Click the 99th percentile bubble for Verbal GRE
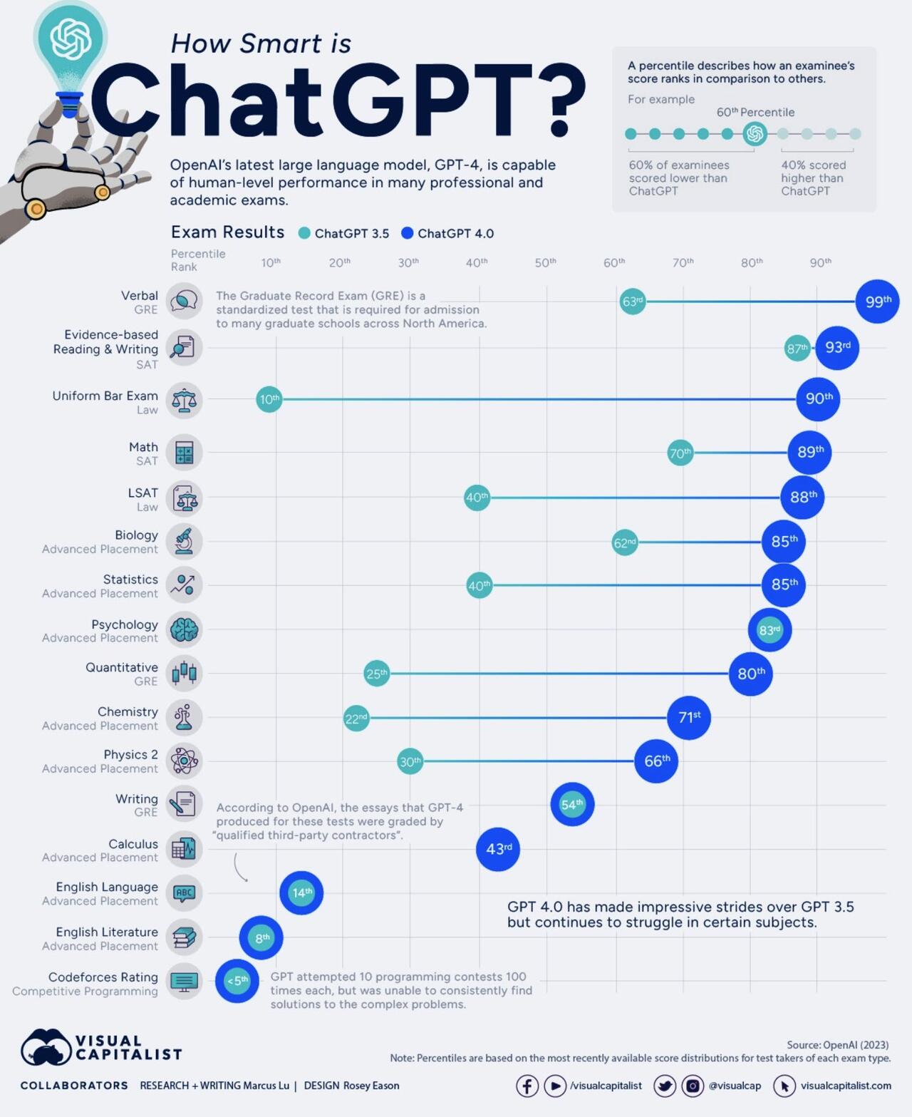(x=877, y=302)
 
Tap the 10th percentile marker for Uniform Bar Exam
(x=269, y=399)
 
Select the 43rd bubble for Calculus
(x=498, y=849)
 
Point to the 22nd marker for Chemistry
(x=356, y=718)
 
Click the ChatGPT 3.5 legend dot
(x=304, y=233)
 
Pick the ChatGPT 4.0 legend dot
(x=408, y=233)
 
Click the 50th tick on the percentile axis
(x=545, y=262)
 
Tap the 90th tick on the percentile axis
(x=820, y=262)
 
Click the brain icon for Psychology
(x=184, y=629)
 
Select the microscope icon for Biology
(x=184, y=541)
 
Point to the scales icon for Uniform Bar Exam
(x=184, y=400)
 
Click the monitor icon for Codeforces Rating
(x=184, y=982)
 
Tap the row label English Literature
(x=107, y=932)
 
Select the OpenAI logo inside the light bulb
(x=71, y=40)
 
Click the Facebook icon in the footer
(x=527, y=1086)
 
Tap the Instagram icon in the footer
(x=692, y=1086)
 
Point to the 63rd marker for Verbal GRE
(x=632, y=302)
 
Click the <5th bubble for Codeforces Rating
(x=237, y=981)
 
